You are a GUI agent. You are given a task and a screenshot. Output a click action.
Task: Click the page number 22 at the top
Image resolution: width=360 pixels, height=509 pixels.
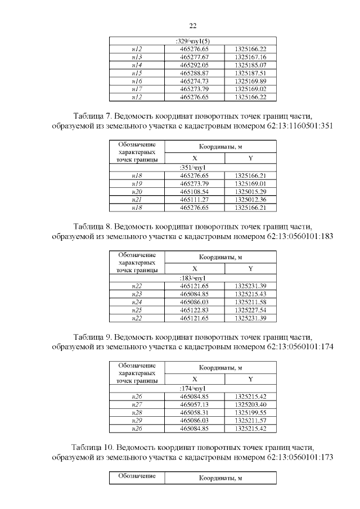[x=192, y=26]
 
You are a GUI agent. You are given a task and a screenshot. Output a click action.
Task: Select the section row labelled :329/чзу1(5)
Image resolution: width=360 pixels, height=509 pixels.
[x=192, y=42]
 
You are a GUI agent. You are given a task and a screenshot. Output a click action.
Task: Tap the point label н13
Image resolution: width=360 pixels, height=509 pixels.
[x=136, y=57]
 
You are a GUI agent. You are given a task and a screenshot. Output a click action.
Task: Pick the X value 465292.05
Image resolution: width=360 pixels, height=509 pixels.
[x=194, y=65]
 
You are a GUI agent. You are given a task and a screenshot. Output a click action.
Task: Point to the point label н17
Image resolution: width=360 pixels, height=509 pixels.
[x=136, y=89]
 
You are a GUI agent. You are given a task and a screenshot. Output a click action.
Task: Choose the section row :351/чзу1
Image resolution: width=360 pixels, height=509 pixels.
[x=192, y=168]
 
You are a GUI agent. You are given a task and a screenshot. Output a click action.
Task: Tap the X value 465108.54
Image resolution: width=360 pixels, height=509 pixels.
[x=194, y=192]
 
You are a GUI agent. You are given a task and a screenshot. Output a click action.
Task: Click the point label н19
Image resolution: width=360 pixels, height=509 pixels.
[x=136, y=184]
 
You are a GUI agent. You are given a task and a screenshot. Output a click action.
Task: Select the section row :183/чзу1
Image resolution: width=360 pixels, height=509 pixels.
[x=192, y=278]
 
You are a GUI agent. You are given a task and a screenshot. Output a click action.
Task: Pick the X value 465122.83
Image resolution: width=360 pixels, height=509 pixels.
[x=194, y=310]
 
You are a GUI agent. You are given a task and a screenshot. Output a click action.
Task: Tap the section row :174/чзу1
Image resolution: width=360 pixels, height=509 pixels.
[x=192, y=389]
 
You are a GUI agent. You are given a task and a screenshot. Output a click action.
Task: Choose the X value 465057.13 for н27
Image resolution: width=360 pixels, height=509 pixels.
[x=194, y=404]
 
